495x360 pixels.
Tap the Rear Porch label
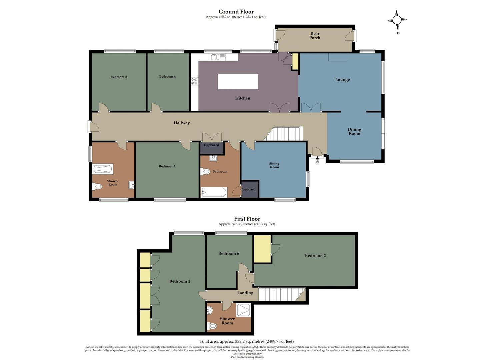pos(315,36)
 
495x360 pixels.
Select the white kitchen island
pos(238,81)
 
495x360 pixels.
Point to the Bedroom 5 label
pos(119,77)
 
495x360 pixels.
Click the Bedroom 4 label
pos(167,77)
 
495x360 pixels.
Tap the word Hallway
pos(182,123)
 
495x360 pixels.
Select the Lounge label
pos(342,80)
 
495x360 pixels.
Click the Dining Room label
pos(354,131)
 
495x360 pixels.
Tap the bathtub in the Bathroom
pos(214,192)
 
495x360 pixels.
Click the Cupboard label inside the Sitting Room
pos(248,189)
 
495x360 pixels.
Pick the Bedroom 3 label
pos(167,166)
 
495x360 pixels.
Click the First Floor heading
pos(247,219)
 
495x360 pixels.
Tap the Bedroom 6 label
pos(229,254)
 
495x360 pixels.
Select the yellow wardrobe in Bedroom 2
pos(262,249)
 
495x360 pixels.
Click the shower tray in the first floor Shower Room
pos(243,310)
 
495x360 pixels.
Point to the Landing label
pos(245,293)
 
